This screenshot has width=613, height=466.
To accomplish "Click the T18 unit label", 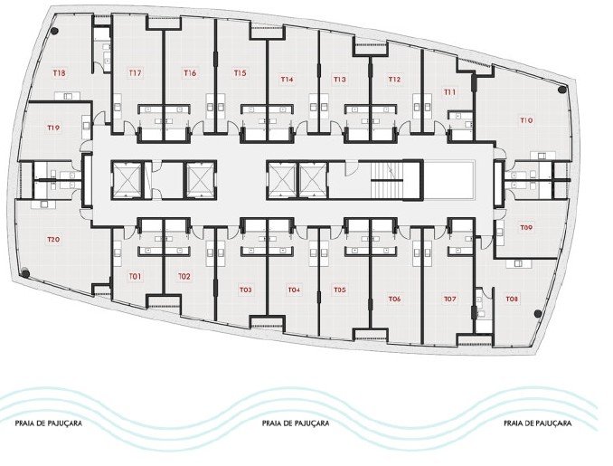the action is [x=60, y=72].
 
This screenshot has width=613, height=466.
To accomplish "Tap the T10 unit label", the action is [x=526, y=120].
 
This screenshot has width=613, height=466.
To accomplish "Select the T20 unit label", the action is [x=53, y=239].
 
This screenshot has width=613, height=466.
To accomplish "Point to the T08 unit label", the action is [x=512, y=299].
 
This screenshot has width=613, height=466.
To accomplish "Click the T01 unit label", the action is [x=135, y=276].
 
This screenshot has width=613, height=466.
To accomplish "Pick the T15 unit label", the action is [x=240, y=72].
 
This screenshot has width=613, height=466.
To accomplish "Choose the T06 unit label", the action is [x=394, y=299].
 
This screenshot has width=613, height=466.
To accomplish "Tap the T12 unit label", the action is [x=394, y=80].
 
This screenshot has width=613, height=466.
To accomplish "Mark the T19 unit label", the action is [x=53, y=128].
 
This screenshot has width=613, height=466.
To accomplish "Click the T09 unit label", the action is [x=526, y=227].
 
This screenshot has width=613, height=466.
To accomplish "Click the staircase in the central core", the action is [x=387, y=181].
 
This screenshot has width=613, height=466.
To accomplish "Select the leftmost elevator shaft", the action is [x=127, y=180].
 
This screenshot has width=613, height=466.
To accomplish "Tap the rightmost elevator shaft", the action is [x=313, y=180].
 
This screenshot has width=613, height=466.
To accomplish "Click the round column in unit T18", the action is [x=55, y=31].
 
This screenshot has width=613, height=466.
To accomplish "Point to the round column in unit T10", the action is [x=561, y=90].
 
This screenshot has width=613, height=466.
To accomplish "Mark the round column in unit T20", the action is [x=25, y=273].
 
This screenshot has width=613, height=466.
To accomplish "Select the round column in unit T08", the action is [x=538, y=313].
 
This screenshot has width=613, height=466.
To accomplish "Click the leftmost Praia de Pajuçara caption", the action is [x=49, y=423].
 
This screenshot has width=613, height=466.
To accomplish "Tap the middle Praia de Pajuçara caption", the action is [x=296, y=423].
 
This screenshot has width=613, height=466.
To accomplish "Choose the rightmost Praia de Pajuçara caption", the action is [x=538, y=423].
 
